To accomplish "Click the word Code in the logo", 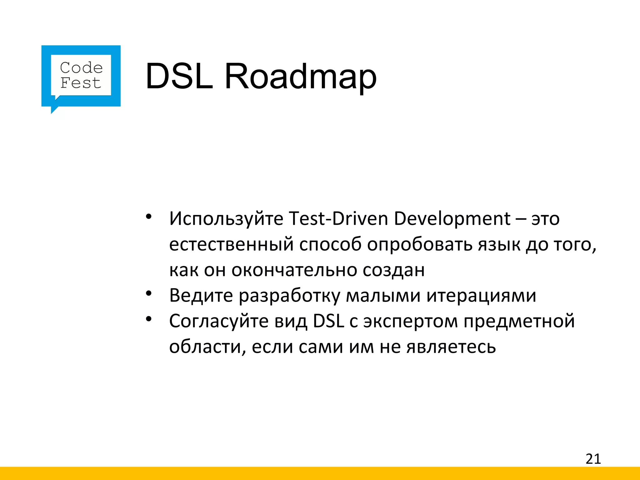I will click(81, 68).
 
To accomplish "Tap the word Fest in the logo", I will click(81, 83).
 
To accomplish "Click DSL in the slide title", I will click(179, 77).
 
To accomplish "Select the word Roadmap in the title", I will click(300, 77).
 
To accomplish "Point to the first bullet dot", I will click(148, 217).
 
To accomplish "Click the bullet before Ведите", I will click(148, 293).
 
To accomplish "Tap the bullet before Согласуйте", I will click(148, 319).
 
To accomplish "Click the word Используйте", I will click(226, 219).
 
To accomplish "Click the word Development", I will click(452, 219).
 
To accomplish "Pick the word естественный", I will click(231, 244).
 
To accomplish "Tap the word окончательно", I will click(294, 270).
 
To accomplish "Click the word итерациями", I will click(481, 296).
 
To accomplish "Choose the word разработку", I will click(289, 296).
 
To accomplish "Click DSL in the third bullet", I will click(328, 321).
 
